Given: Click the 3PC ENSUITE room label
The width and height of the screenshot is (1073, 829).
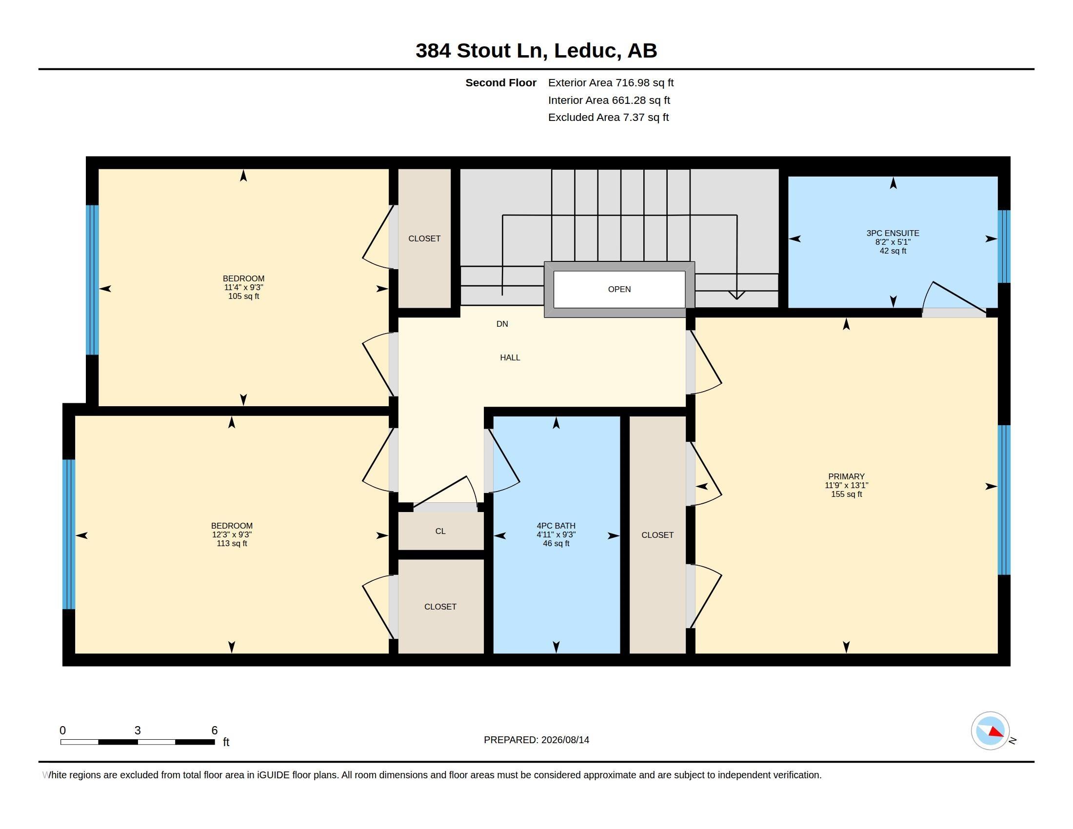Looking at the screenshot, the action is [892, 233].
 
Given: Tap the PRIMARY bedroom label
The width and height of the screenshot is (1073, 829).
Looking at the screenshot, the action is [846, 476].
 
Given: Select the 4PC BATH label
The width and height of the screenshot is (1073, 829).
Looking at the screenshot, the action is [556, 526].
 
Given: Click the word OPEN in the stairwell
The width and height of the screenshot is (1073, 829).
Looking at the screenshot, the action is [619, 289].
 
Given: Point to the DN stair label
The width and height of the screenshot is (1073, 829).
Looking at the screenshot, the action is [502, 324].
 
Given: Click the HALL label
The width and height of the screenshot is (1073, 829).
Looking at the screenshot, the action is [510, 357].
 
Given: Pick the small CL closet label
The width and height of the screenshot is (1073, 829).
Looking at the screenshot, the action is [440, 531].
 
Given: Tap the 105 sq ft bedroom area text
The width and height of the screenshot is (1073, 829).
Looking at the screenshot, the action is [243, 296].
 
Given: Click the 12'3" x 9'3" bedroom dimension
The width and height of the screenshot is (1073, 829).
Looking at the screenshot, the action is [231, 534].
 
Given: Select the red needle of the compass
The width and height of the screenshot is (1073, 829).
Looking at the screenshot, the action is [996, 732].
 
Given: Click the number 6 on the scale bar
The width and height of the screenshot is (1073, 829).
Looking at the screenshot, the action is [214, 730].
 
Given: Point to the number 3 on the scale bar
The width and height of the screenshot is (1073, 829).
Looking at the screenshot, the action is [138, 730].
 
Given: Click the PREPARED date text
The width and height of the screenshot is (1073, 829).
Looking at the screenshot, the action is [536, 740].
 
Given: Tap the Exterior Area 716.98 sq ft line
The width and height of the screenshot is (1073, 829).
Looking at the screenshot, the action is [611, 82].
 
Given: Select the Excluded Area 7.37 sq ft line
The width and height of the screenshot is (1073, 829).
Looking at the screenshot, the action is [608, 117].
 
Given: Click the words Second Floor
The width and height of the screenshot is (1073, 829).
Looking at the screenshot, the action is [500, 82].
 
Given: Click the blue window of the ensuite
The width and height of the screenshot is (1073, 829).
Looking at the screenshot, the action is [1004, 247].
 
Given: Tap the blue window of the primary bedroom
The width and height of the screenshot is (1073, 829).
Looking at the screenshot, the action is [1004, 500].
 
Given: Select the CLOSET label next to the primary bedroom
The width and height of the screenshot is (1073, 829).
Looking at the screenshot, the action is [657, 535].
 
